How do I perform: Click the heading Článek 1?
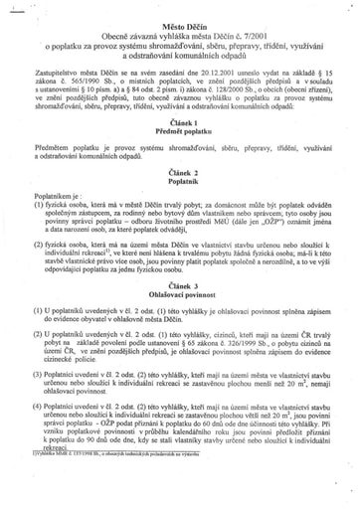[180, 142]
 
